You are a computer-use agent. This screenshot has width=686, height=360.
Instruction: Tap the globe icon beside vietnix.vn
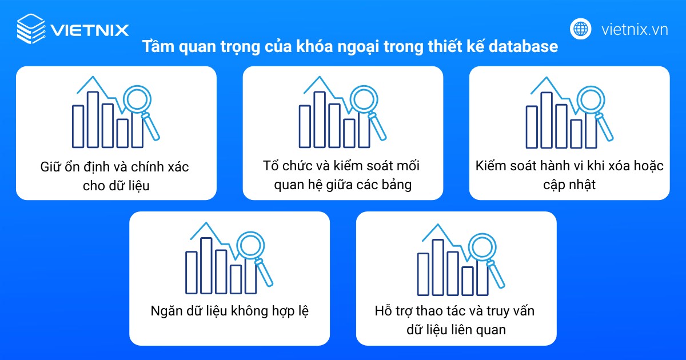point(581,29)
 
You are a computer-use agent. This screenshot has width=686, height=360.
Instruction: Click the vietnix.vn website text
point(635,29)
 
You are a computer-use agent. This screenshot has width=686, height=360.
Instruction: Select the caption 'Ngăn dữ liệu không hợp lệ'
point(230,312)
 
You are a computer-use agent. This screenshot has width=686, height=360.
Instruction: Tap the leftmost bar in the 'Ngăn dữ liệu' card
point(191,271)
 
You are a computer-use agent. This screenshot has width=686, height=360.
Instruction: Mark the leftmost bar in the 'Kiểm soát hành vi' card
point(532,126)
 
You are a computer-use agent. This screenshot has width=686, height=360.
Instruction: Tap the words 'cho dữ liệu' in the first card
point(116,185)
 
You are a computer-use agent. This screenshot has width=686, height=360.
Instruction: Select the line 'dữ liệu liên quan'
point(456,330)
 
